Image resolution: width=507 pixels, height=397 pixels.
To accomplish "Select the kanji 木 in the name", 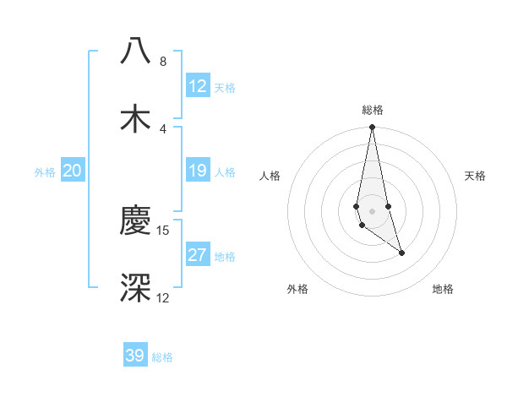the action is tap(135, 118).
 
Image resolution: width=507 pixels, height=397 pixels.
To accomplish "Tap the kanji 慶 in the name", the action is tap(135, 221).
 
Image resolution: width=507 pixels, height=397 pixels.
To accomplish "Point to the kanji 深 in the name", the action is tap(135, 287).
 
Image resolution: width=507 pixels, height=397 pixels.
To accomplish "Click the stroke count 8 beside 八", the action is tap(163, 62).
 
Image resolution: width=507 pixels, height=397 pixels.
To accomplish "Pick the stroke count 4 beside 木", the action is tap(163, 128).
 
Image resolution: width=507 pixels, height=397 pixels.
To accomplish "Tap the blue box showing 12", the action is tap(198, 86).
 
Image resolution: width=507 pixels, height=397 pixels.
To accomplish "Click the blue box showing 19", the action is tap(198, 171).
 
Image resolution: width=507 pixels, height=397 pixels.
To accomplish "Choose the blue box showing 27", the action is tap(198, 255).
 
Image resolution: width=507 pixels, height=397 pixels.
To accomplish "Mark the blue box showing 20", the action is tap(73, 171).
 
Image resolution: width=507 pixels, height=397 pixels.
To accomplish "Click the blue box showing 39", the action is tap(135, 356).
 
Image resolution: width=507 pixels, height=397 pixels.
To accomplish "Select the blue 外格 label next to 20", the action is tap(45, 172).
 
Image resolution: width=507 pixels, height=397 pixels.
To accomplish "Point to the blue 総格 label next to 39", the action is tap(162, 357).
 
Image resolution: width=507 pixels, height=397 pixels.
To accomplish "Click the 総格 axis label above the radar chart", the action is tap(373, 110).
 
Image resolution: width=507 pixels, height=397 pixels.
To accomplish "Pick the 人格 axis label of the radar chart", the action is tap(270, 176).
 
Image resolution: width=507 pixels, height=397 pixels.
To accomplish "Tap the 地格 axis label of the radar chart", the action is tap(443, 289).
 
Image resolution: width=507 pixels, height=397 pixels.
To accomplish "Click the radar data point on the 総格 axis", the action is tap(372, 128).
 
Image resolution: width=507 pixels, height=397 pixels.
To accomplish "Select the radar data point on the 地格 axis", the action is tap(401, 253).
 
